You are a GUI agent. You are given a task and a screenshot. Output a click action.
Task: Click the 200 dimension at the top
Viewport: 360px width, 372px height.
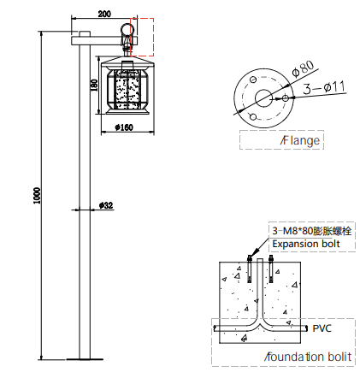(104, 14)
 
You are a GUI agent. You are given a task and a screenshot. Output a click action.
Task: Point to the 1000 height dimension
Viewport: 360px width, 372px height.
(38, 196)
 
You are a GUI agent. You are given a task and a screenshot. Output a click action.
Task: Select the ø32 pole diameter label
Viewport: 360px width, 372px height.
(106, 205)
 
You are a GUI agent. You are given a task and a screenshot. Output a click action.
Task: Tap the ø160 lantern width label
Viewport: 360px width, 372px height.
(124, 127)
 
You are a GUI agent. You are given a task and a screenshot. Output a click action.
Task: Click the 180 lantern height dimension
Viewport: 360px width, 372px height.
(94, 86)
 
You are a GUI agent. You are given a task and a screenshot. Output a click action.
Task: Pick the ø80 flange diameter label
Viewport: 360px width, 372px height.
(304, 68)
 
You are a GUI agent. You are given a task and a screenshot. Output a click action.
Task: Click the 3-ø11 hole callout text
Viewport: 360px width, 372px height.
(324, 88)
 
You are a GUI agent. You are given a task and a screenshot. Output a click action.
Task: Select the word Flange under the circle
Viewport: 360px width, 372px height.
(300, 140)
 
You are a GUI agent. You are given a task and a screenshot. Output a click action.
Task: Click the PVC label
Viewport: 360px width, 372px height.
(322, 328)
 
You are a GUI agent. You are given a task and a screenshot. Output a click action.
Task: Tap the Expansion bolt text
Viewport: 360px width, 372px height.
(306, 244)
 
